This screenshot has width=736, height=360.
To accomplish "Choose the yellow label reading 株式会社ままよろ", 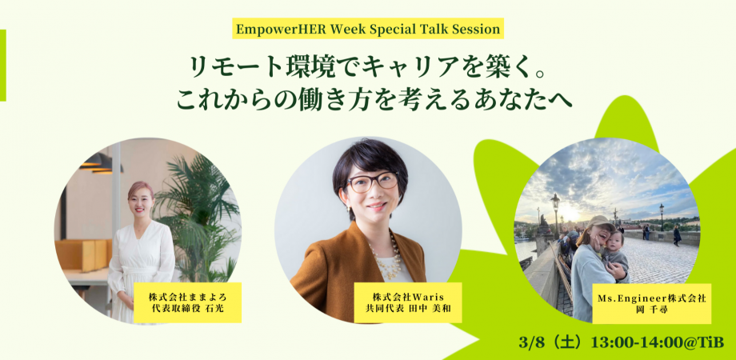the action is (188, 302).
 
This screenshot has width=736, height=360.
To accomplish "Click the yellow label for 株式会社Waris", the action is (407, 302).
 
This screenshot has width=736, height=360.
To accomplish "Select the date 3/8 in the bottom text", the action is (529, 342).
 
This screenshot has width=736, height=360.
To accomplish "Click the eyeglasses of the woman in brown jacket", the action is (372, 182).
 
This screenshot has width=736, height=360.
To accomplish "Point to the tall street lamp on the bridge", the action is (555, 215).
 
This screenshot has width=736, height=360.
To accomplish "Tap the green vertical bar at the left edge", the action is (3, 66).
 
